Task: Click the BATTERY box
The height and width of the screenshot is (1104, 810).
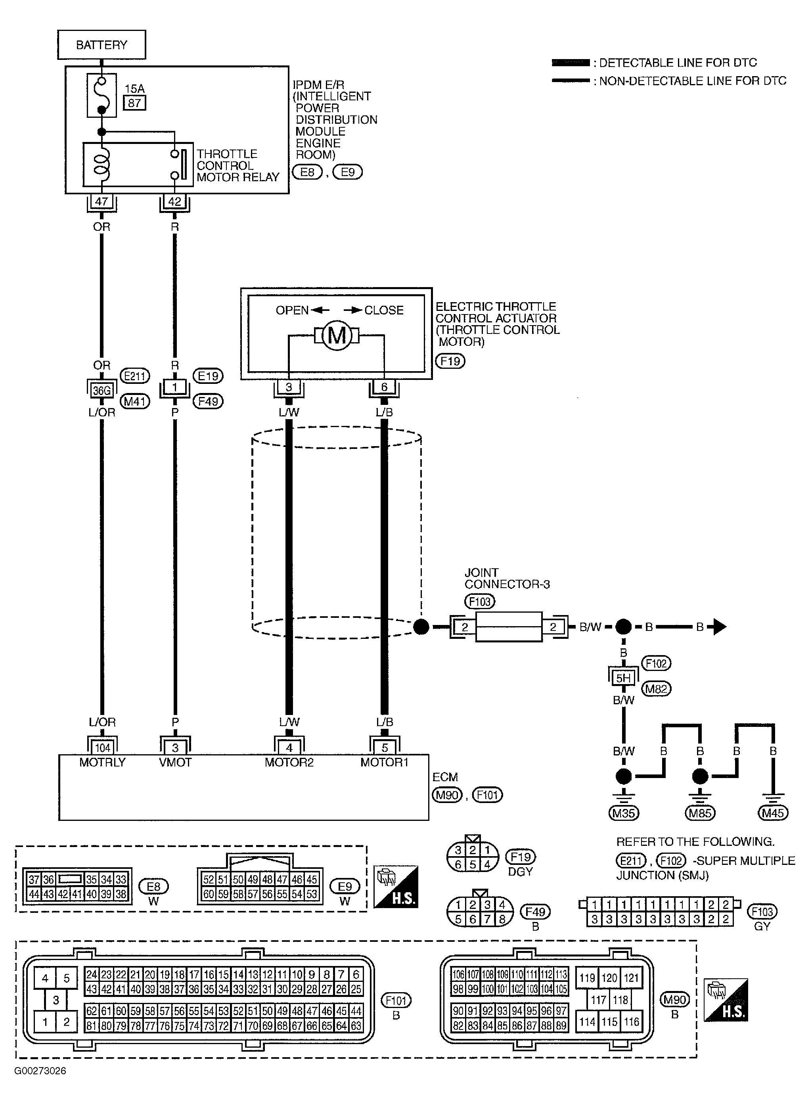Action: pyautogui.click(x=101, y=45)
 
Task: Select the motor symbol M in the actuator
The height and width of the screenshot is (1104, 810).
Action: pyautogui.click(x=336, y=336)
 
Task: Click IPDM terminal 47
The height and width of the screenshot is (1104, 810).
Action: pyautogui.click(x=101, y=201)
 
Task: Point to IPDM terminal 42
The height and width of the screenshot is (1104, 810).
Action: pyautogui.click(x=174, y=201)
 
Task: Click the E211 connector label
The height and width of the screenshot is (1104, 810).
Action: pyautogui.click(x=135, y=376)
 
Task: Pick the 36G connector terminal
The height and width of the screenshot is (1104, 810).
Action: pyautogui.click(x=102, y=390)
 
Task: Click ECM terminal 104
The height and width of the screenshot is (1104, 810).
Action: pyautogui.click(x=102, y=747)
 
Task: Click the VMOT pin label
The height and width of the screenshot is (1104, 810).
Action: pyautogui.click(x=175, y=762)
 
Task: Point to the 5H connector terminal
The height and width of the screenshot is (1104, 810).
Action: pyautogui.click(x=623, y=678)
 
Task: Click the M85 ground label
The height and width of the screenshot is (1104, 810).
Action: pyautogui.click(x=700, y=813)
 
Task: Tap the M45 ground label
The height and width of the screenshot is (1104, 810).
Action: pyautogui.click(x=773, y=813)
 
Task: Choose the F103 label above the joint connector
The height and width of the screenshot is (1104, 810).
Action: pyautogui.click(x=479, y=601)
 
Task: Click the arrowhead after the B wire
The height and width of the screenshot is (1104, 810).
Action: pyautogui.click(x=719, y=627)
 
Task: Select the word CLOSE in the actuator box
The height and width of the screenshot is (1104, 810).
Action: pyautogui.click(x=384, y=310)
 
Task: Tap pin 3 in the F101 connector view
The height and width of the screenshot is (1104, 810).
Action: pyautogui.click(x=56, y=1000)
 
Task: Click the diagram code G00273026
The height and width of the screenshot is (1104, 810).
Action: pyautogui.click(x=40, y=1071)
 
